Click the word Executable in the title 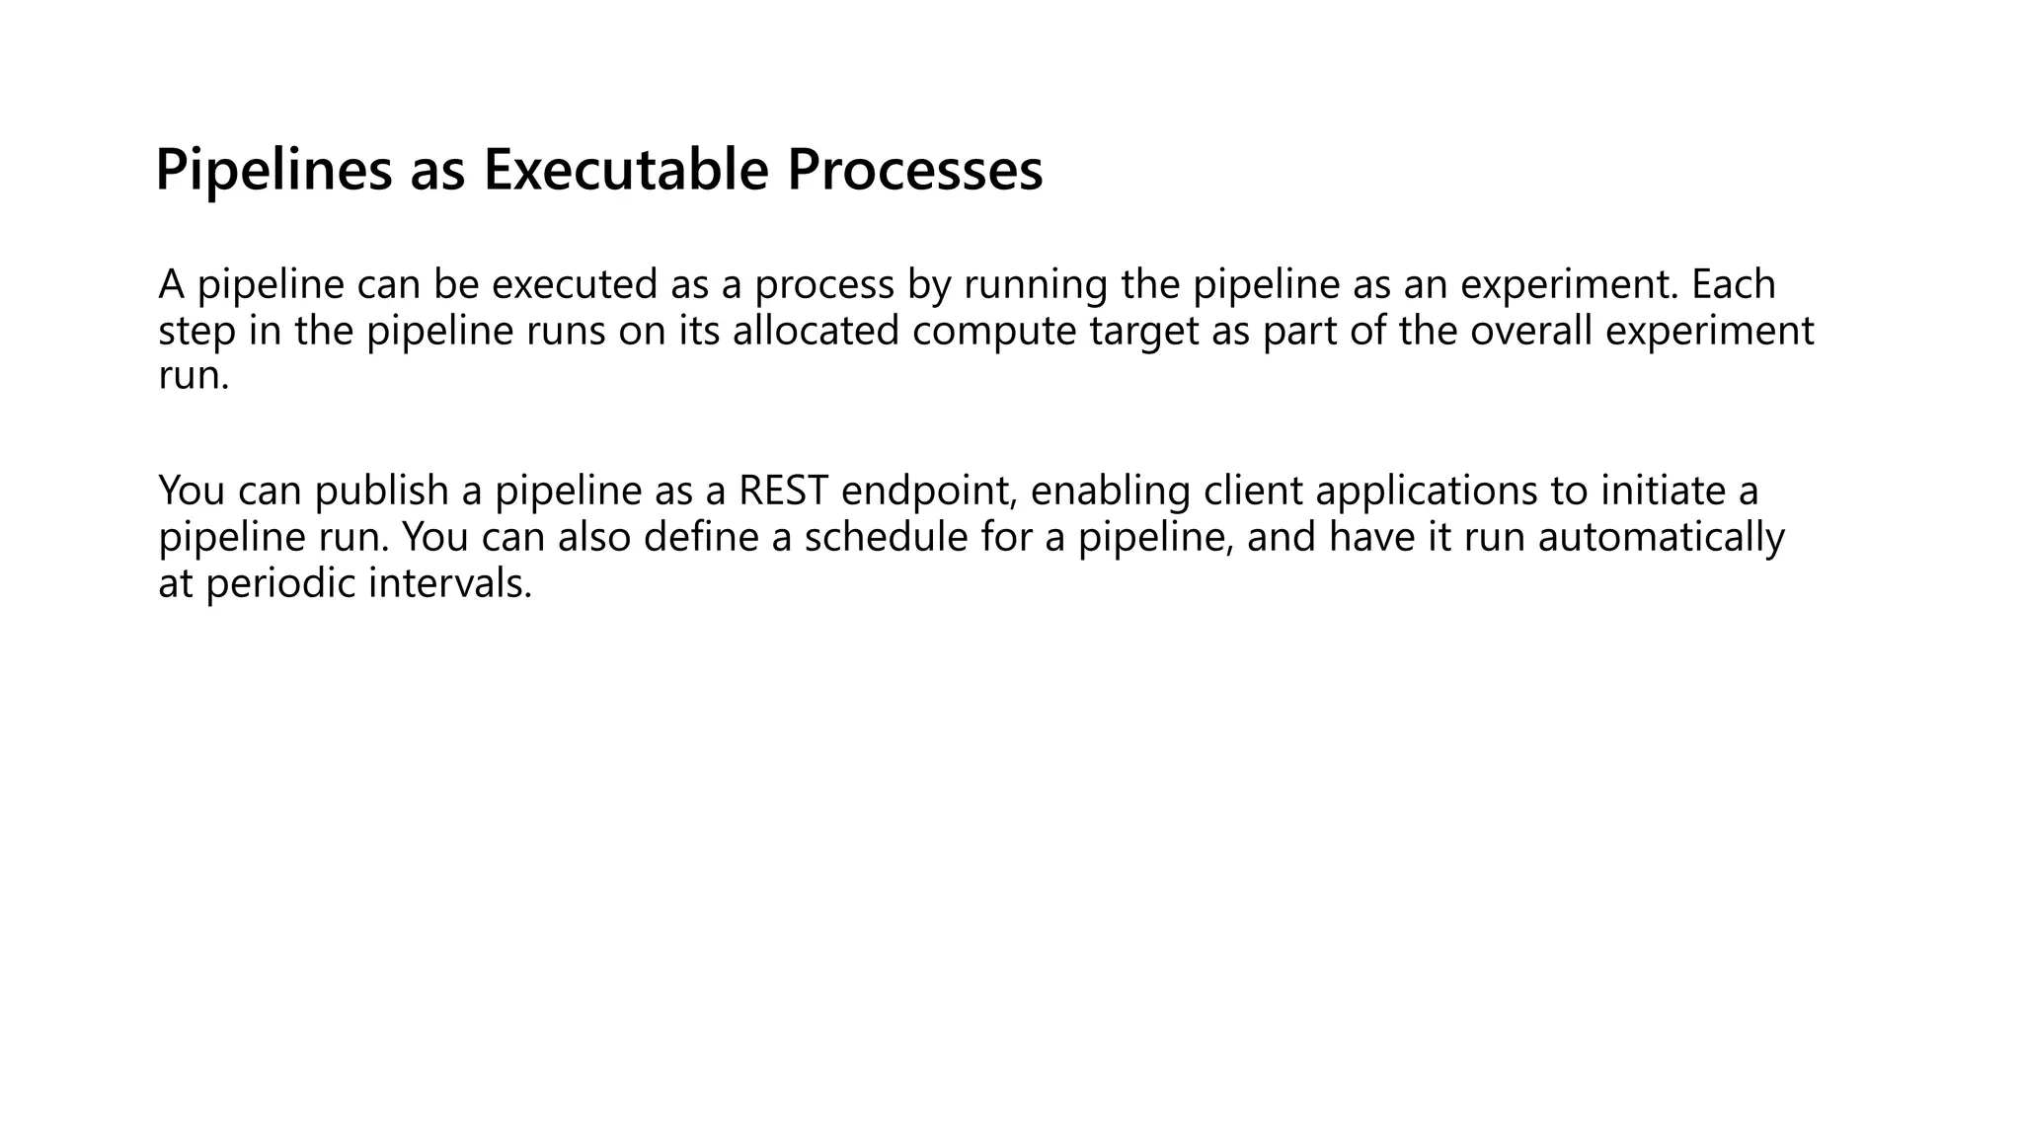click(625, 170)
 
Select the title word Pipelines click(273, 170)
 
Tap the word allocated click(816, 331)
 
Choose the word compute click(994, 331)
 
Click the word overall click(1531, 331)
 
